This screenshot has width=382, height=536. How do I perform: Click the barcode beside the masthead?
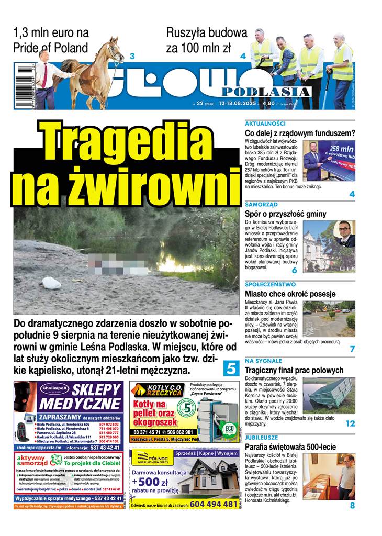click(24, 86)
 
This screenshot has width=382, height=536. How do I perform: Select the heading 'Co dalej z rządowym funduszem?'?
click(300, 133)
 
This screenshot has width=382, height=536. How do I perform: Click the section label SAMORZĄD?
click(261, 204)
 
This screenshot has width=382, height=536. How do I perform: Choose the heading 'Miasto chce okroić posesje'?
click(290, 294)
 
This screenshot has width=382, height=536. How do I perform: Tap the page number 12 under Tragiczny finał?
click(350, 423)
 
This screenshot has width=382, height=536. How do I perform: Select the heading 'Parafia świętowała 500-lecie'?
click(290, 447)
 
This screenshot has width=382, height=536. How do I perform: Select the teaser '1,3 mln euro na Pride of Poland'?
click(51, 40)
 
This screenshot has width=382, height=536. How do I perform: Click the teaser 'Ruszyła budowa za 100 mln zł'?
click(206, 40)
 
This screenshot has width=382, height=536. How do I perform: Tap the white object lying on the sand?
click(51, 283)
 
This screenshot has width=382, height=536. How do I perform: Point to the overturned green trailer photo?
click(329, 396)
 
